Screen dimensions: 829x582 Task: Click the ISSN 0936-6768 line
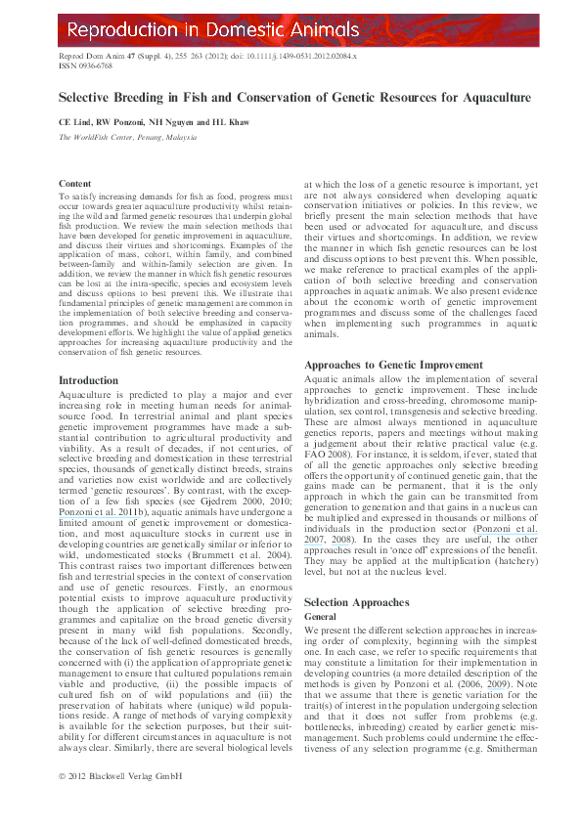(x=86, y=66)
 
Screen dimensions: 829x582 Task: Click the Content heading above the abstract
(x=75, y=184)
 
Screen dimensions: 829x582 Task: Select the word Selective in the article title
(x=85, y=98)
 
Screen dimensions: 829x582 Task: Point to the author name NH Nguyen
(x=176, y=122)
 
